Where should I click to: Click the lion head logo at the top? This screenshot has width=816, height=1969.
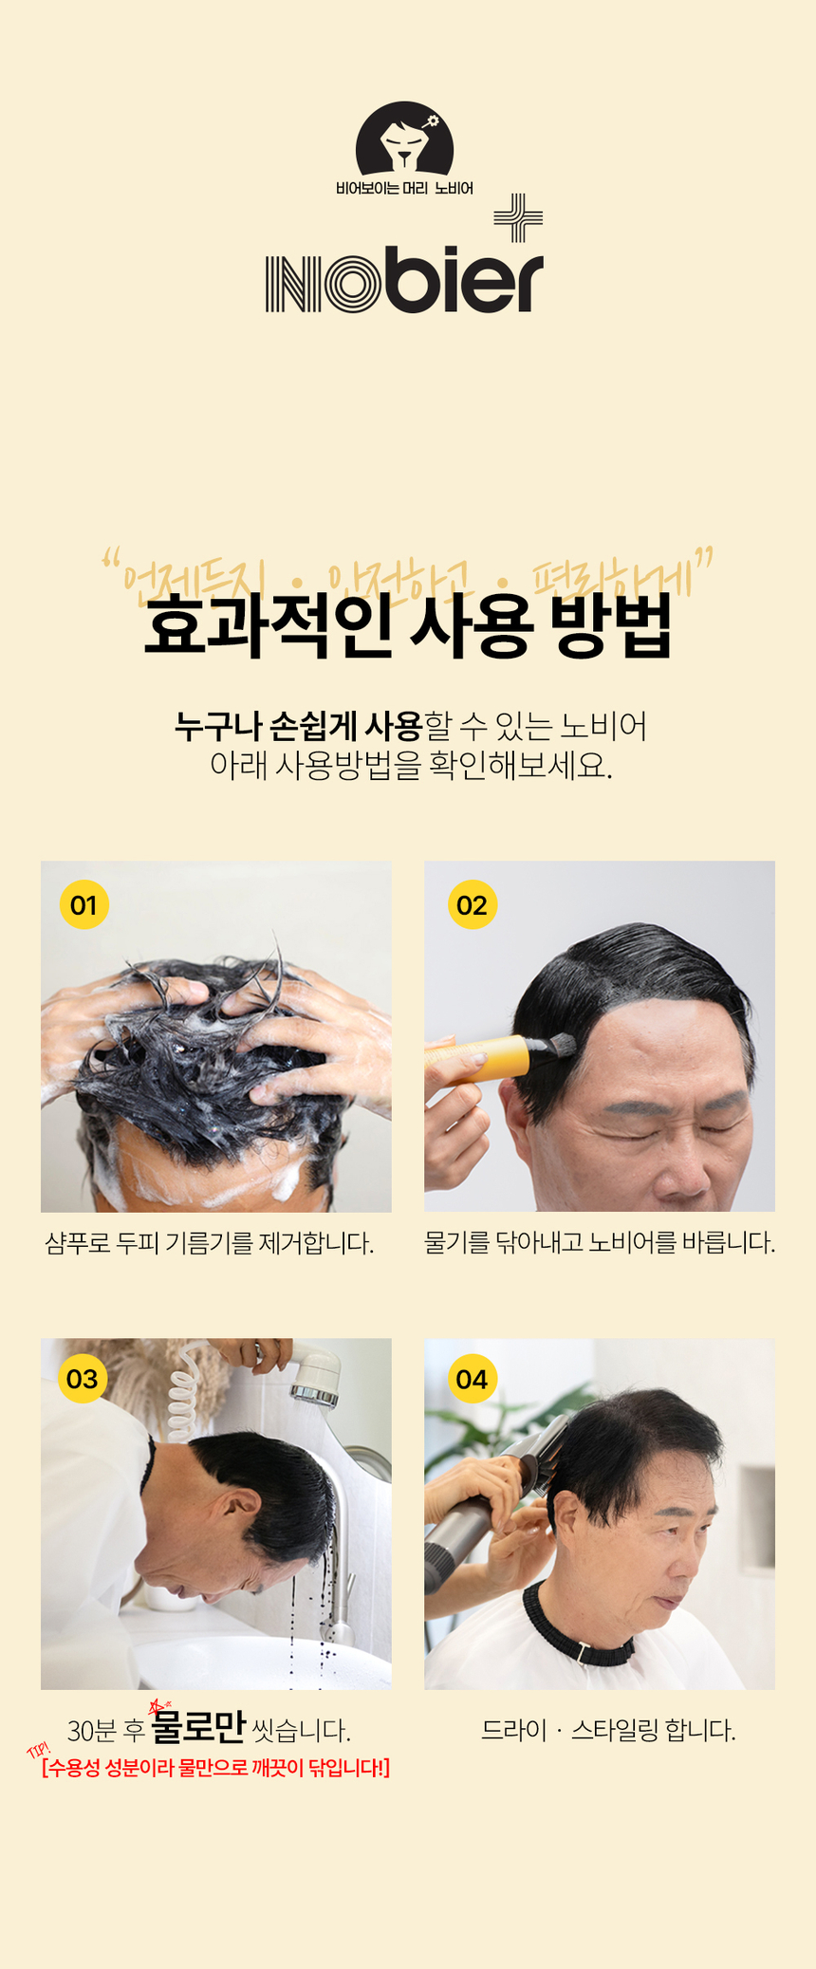coord(404,139)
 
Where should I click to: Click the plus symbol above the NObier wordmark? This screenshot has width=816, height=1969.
coord(518,218)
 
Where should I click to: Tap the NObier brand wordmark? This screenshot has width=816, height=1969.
coord(404,283)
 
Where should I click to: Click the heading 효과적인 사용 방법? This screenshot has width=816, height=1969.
coord(408,626)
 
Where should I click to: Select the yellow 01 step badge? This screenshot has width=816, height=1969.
coord(84,904)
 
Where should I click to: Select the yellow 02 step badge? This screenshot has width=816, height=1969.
coord(472,904)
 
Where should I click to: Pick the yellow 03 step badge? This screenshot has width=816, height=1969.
coord(83,1378)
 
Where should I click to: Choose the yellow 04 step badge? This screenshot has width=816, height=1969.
coord(472,1378)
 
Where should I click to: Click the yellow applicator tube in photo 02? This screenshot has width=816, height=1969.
coord(484,1058)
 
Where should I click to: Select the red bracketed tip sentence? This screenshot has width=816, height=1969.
coord(216,1768)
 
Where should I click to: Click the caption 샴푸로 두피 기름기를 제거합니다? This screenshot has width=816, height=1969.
coord(210,1242)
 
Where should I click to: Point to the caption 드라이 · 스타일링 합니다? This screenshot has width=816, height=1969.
coord(608,1730)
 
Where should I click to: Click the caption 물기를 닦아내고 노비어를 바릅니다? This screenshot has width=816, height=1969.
coord(599,1242)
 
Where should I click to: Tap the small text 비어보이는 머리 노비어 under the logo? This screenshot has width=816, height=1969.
coord(404,189)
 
